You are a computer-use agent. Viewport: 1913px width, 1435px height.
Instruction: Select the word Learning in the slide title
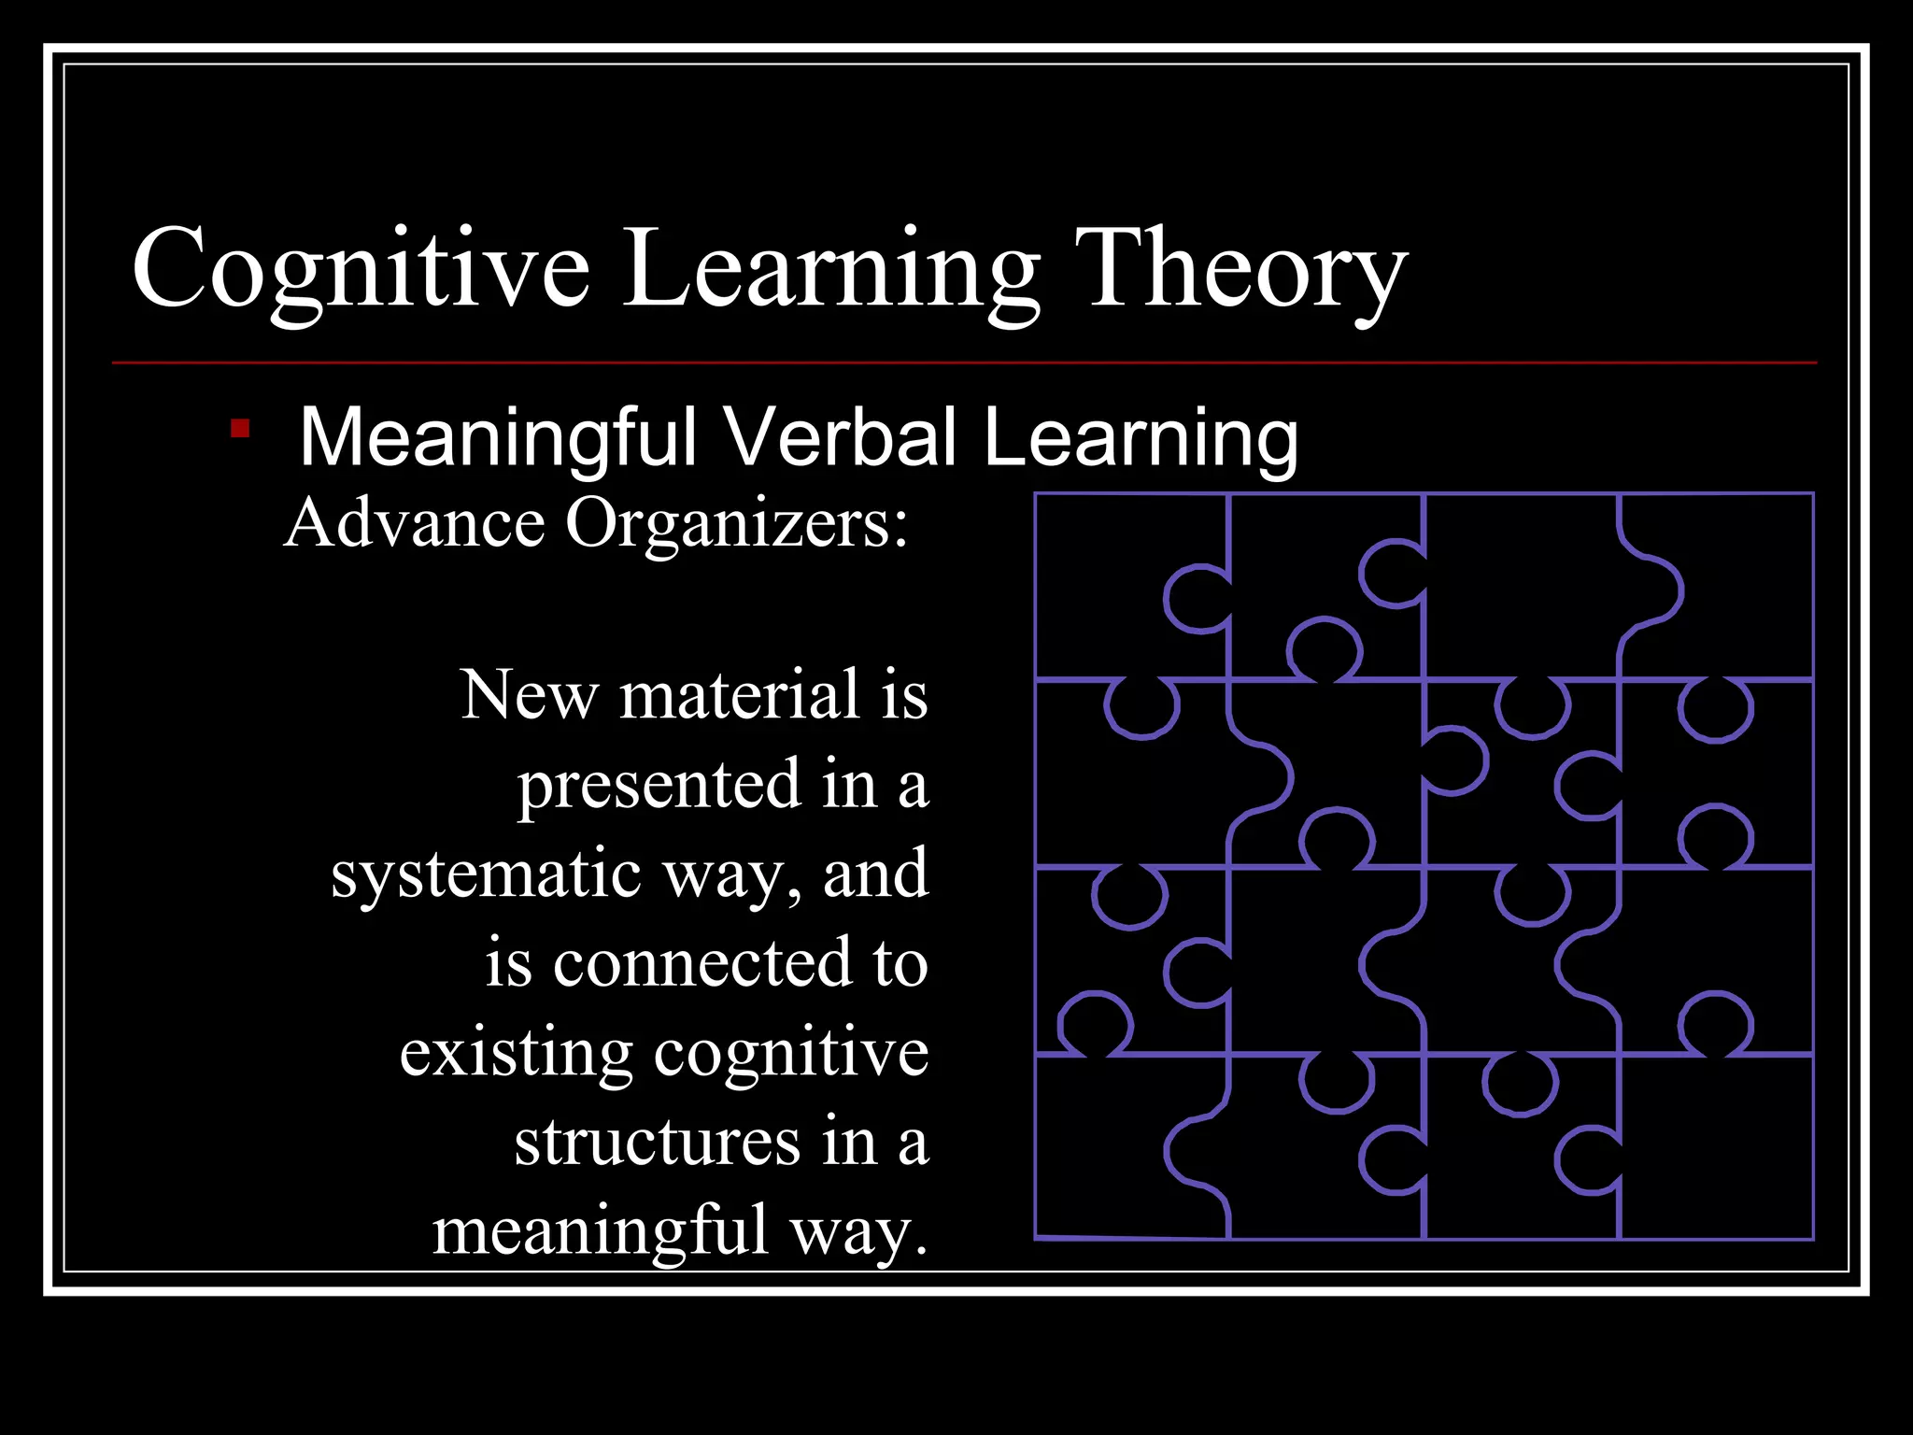(830, 271)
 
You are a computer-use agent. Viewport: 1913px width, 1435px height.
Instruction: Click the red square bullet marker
(240, 429)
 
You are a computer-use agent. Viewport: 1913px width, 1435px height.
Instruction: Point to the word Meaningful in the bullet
(498, 437)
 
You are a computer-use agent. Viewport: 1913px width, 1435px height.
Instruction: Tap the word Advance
(415, 523)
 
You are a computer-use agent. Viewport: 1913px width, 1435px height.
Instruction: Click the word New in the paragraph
(529, 696)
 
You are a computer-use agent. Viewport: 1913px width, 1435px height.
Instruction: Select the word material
(739, 696)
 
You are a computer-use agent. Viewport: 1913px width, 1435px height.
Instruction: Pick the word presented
(659, 785)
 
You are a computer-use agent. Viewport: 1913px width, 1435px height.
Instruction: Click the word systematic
(486, 874)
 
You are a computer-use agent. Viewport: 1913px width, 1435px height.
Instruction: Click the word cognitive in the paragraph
(790, 1053)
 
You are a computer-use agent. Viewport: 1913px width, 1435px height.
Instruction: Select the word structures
(657, 1142)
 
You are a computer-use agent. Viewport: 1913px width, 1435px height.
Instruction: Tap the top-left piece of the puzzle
(1112, 579)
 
